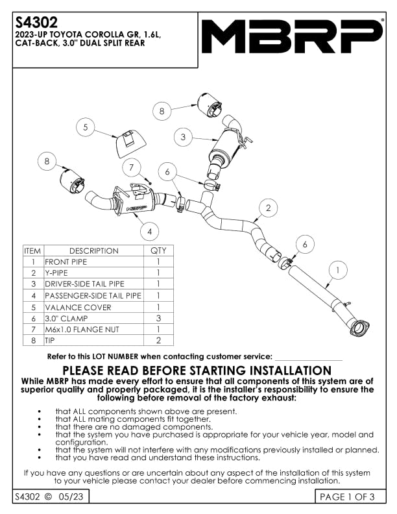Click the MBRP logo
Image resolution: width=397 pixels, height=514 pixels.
(x=291, y=36)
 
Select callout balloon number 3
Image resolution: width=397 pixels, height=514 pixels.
(x=184, y=137)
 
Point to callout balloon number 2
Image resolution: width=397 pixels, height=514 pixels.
(x=268, y=208)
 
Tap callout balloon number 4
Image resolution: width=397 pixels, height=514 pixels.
(x=150, y=230)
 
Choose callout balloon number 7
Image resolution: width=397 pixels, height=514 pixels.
(x=132, y=167)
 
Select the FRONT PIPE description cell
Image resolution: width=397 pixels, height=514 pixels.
(x=93, y=262)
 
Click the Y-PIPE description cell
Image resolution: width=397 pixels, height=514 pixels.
(x=93, y=273)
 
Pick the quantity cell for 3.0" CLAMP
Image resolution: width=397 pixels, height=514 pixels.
(x=158, y=319)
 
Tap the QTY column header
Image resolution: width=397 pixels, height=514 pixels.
(x=158, y=251)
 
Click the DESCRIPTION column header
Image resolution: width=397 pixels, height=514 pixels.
(x=93, y=251)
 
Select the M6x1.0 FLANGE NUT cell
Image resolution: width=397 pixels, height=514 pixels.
(x=93, y=330)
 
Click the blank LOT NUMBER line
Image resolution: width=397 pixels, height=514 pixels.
(x=308, y=356)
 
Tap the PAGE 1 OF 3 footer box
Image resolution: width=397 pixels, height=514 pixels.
(x=347, y=497)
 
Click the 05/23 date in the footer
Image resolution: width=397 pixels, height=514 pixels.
(x=71, y=497)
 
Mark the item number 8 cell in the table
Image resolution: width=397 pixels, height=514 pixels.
(x=32, y=340)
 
